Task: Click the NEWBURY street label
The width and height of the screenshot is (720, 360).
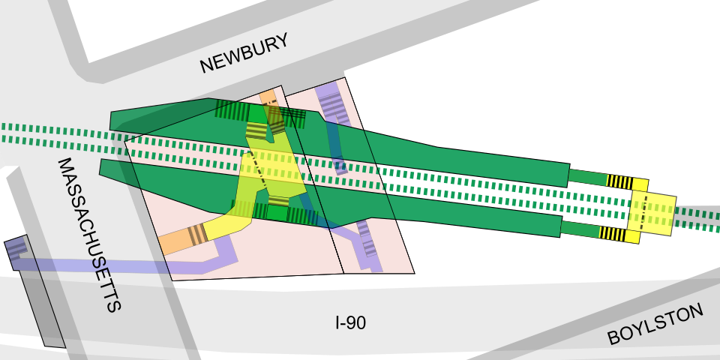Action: tap(244, 54)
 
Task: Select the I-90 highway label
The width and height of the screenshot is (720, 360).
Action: tap(350, 323)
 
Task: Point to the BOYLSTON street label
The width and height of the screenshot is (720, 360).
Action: tap(655, 325)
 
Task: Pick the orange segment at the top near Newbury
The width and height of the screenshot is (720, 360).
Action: tap(267, 98)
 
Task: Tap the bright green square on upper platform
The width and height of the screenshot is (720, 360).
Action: tap(257, 113)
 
